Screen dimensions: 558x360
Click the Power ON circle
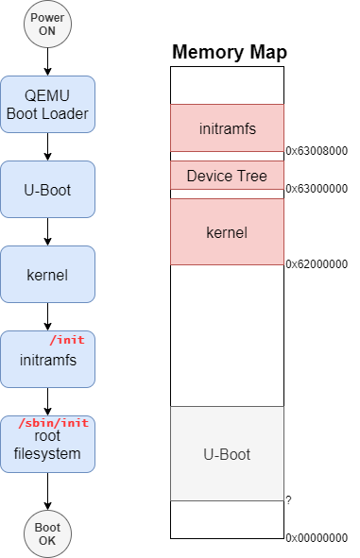point(47,25)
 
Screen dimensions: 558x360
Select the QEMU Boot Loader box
point(47,104)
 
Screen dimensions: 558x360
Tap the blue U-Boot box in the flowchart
point(47,189)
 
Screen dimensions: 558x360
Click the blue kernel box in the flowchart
point(47,274)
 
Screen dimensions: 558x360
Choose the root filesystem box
point(47,446)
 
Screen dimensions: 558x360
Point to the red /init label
point(66,340)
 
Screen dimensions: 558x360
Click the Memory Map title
point(229,53)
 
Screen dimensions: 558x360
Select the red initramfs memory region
point(227,127)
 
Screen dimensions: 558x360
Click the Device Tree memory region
point(227,176)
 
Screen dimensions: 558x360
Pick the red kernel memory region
point(227,231)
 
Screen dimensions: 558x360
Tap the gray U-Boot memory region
point(227,454)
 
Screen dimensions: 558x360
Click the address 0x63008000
point(317,150)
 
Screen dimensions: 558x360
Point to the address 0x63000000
point(317,188)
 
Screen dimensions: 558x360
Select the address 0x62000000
point(317,264)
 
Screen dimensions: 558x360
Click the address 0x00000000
point(317,537)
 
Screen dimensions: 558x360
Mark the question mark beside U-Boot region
point(288,499)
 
